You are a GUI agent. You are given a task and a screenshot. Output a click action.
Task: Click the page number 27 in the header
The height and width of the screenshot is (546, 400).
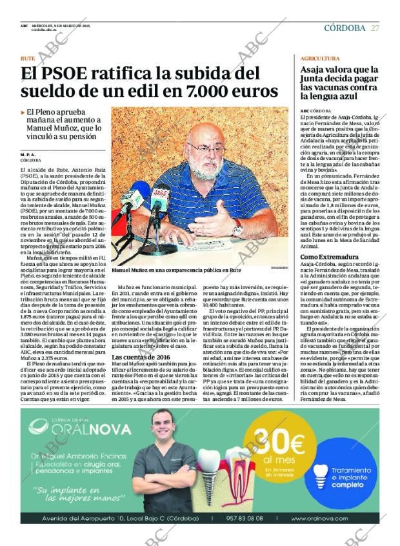[375, 28]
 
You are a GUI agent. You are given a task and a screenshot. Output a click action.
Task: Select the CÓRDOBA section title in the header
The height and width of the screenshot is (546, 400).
[345, 28]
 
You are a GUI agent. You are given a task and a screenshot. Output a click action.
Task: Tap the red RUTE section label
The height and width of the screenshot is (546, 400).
[28, 58]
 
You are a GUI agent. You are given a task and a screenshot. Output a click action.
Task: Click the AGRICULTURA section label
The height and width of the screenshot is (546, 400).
[320, 58]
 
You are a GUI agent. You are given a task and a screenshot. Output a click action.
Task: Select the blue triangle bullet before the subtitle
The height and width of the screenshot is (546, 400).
[23, 112]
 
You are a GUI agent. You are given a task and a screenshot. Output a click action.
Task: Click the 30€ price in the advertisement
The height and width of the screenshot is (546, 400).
[270, 445]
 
